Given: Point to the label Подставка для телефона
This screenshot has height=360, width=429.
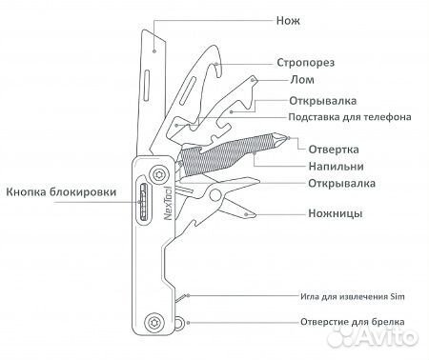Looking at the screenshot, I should pyautogui.click(x=349, y=118).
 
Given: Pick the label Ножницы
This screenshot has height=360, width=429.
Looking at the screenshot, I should pyautogui.click(x=335, y=212).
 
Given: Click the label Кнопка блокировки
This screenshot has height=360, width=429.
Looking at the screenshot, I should pyautogui.click(x=62, y=192).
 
